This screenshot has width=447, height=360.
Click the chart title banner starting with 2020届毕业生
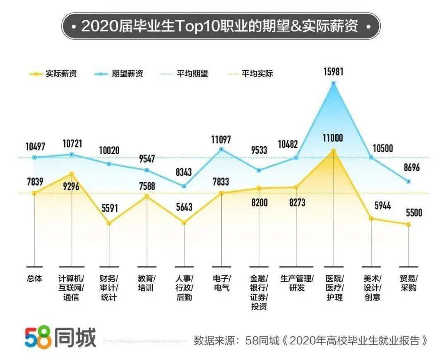tap(221, 26)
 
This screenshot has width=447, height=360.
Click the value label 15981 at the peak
tap(334, 72)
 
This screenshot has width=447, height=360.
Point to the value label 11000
tap(334, 138)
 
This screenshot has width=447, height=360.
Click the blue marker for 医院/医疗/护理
tap(334, 83)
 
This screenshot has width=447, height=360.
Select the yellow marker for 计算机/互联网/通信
tap(72, 174)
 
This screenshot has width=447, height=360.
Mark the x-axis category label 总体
tap(34, 278)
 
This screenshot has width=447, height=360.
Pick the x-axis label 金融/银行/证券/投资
tap(259, 292)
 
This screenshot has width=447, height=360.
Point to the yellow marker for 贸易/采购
tap(409, 225)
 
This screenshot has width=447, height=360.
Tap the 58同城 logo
tap(60, 338)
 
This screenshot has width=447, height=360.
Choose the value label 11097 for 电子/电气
tap(221, 140)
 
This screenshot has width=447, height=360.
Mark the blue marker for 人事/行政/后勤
tap(184, 186)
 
